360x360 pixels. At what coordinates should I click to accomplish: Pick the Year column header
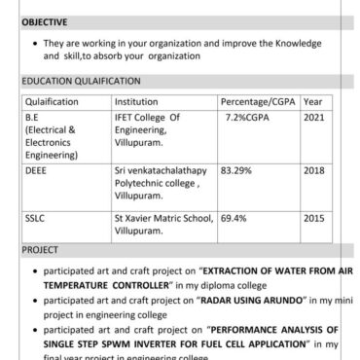click(x=314, y=101)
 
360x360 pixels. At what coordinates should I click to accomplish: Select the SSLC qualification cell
click(x=35, y=220)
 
